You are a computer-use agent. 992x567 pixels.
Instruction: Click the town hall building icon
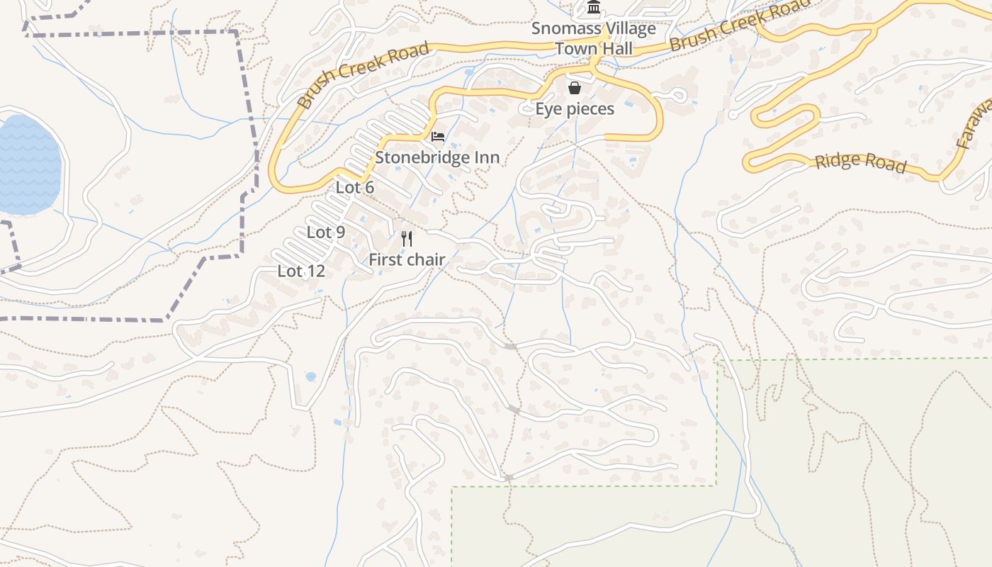point(594,9)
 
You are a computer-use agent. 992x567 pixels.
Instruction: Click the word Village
point(629,29)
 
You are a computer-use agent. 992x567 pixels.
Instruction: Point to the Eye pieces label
point(575,109)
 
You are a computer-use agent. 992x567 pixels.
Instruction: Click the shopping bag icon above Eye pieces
point(575,89)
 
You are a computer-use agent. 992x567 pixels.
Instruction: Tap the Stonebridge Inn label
point(437,157)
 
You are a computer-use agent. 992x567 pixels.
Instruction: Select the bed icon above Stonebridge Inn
point(438,137)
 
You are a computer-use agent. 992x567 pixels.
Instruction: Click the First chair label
point(407,259)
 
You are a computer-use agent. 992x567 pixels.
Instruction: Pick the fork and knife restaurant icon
point(407,239)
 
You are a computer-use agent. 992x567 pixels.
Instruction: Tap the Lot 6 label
point(355,187)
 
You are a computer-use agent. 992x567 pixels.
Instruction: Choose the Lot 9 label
point(326,232)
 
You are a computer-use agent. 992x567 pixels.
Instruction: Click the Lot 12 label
point(301,271)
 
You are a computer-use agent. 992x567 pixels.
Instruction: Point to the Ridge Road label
point(860,162)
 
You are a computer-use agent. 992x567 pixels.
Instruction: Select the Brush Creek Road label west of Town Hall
point(363,74)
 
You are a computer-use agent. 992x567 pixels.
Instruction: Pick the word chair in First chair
point(426,259)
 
